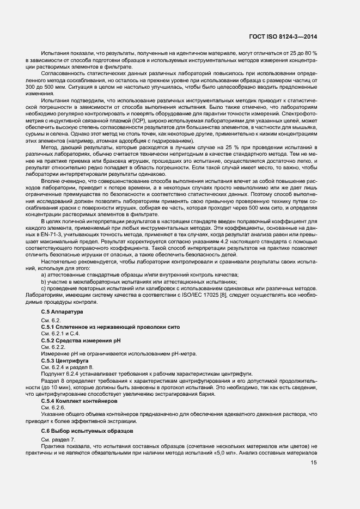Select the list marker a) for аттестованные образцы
pyautogui.click(x=44, y=275)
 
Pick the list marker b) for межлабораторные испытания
pyautogui.click(x=44, y=282)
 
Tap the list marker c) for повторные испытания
pyautogui.click(x=44, y=289)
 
